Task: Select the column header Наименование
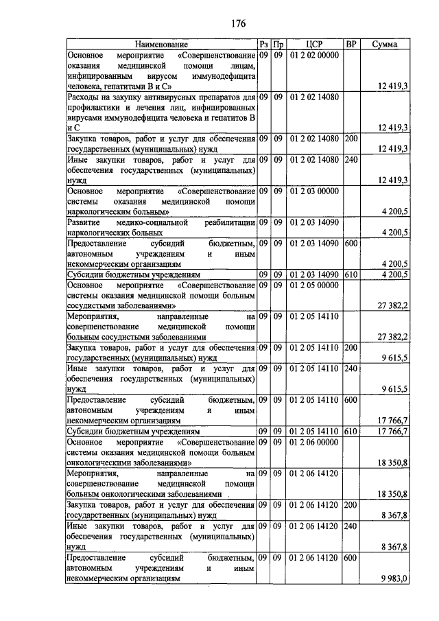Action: pyautogui.click(x=161, y=45)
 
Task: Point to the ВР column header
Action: pyautogui.click(x=351, y=45)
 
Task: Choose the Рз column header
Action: pyautogui.click(x=263, y=45)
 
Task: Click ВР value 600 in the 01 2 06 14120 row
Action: pyautogui.click(x=351, y=559)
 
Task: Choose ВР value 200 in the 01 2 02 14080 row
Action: pyautogui.click(x=351, y=139)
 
